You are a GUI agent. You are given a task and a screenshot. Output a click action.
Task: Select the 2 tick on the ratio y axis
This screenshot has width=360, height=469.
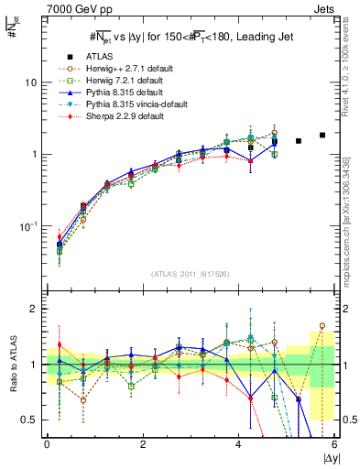coord(34,309)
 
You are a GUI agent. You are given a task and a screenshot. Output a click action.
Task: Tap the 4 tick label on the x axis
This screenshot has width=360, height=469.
coord(239,444)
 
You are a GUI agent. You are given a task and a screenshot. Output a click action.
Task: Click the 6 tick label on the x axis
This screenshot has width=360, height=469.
coord(334,444)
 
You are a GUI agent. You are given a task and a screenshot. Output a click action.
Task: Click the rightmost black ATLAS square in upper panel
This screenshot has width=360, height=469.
coord(322,135)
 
